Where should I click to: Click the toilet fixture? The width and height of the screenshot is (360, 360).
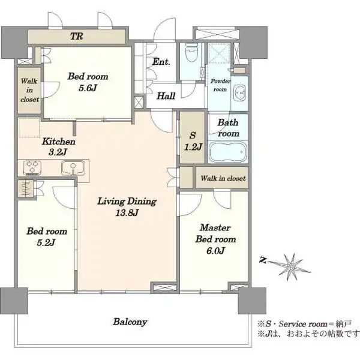[191, 52]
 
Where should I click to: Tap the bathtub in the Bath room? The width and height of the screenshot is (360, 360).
[227, 152]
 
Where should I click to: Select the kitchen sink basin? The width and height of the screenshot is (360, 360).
[73, 167]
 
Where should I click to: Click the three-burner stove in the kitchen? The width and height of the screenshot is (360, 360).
[32, 167]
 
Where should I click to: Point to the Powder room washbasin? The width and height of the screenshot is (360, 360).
[239, 93]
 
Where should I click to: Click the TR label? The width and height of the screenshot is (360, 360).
[76, 36]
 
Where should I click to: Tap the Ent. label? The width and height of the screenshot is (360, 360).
[161, 62]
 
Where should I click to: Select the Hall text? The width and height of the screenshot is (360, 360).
[166, 96]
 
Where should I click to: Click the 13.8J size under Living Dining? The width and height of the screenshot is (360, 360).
[127, 213]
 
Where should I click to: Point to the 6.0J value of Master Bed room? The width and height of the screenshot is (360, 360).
[215, 251]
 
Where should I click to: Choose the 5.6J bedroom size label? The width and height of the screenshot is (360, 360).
[88, 88]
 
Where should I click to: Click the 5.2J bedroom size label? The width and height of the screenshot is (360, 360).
[46, 242]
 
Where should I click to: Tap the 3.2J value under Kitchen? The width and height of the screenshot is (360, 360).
[58, 152]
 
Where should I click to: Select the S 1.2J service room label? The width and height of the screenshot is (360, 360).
[193, 141]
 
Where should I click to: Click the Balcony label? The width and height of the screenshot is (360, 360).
[130, 322]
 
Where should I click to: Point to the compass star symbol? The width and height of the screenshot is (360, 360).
[291, 267]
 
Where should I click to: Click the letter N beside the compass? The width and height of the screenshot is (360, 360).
[263, 260]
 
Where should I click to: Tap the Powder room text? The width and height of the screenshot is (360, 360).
[220, 85]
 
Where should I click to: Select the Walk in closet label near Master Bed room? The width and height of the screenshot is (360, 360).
[223, 178]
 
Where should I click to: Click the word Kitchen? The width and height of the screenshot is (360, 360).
[59, 142]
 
